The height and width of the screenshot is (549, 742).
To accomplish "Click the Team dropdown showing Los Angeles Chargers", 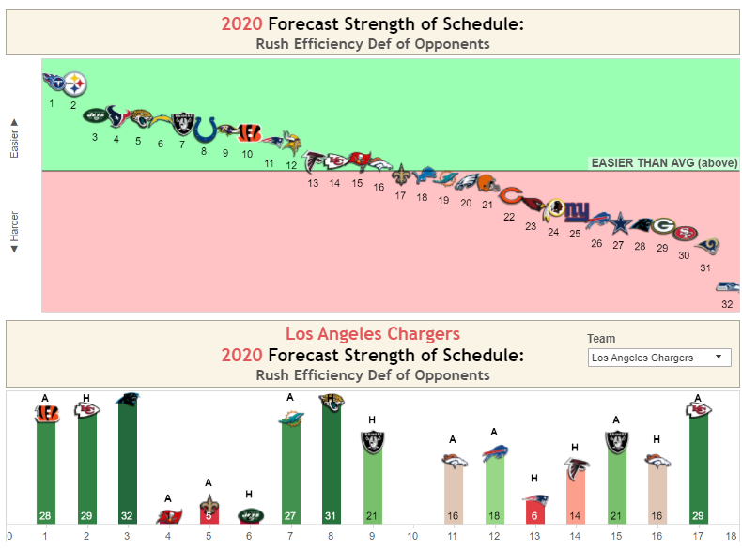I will (658, 358).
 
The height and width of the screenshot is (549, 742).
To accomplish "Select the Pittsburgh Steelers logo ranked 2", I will (74, 84).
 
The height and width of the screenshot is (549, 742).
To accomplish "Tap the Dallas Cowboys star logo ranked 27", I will (619, 224).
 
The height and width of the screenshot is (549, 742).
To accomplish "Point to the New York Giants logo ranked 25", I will (575, 213).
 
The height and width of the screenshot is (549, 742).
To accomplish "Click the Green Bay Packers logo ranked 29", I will (662, 226).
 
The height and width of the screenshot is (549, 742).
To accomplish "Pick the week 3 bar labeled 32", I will (127, 460).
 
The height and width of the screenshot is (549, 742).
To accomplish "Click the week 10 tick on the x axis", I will (412, 537).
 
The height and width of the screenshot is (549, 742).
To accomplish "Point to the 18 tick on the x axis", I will (731, 537).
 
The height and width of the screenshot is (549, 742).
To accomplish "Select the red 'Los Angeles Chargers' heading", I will (373, 333).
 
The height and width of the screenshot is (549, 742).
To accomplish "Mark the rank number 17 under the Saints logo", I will (400, 196).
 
